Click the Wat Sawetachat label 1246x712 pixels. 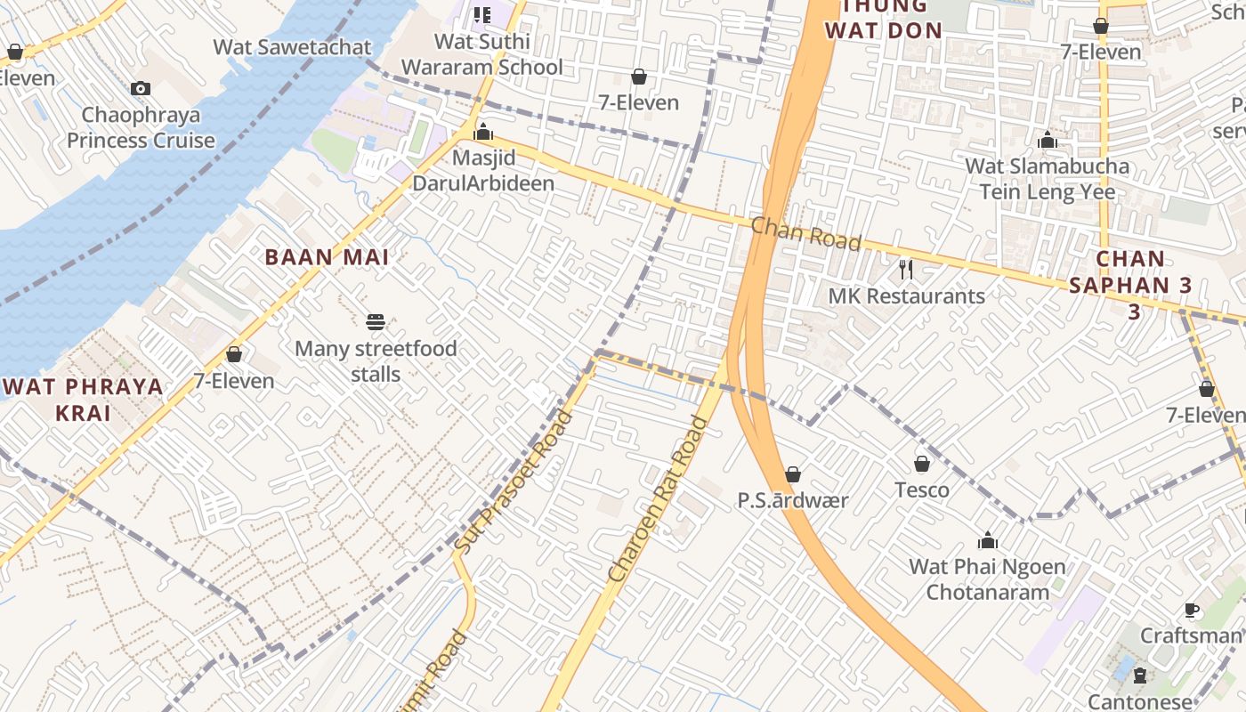(292, 47)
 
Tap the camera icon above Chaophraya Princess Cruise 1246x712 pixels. (141, 88)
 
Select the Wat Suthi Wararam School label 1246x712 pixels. (482, 54)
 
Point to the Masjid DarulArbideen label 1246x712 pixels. (483, 171)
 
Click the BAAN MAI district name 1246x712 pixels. (328, 258)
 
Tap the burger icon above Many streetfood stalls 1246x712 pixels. (376, 321)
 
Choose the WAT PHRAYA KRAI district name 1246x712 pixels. (84, 400)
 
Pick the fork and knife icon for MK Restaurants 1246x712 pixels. (906, 269)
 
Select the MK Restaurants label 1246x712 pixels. (907, 296)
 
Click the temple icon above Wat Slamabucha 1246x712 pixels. (1048, 141)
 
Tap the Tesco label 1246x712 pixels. (922, 490)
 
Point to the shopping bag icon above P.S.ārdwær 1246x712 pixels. (793, 474)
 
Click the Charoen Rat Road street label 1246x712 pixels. (659, 500)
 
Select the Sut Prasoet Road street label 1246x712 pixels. (514, 480)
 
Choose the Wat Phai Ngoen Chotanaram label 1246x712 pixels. (987, 579)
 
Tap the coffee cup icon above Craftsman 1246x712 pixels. (1192, 610)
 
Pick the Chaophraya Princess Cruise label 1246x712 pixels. (141, 128)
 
